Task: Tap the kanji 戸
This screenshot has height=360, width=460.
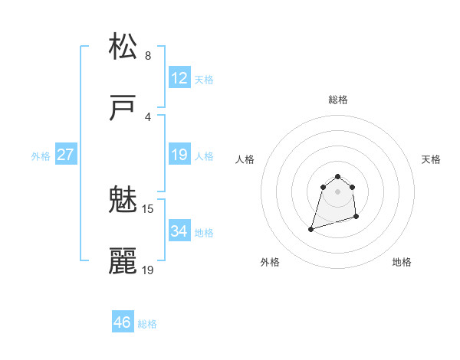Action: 123,108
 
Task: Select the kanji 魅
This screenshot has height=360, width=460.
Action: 123,201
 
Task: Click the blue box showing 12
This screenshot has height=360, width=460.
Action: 179,78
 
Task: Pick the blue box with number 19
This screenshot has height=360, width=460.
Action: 179,155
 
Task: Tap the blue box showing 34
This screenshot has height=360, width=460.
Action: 179,231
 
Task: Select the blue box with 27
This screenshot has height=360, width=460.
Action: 65,155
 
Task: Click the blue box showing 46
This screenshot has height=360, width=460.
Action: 123,322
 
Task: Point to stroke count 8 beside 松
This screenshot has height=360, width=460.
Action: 148,56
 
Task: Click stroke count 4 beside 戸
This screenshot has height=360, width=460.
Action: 148,117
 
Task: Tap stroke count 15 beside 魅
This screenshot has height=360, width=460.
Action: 148,208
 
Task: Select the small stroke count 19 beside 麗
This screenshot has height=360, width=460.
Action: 148,270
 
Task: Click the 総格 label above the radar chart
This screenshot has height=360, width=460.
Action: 338,100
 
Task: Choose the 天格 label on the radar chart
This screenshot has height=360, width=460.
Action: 431,159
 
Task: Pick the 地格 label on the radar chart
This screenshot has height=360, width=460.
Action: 402,262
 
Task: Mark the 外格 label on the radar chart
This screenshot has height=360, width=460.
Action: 270,262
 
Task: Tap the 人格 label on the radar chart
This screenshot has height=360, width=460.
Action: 245,159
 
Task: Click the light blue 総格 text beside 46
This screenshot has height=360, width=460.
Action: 147,324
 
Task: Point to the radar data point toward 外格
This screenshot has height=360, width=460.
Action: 311,229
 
